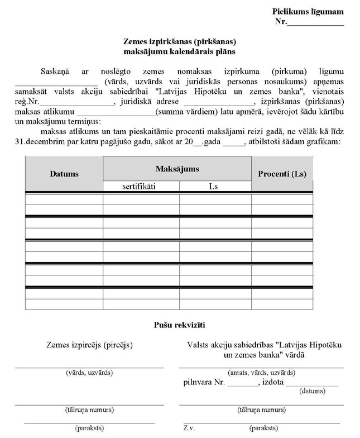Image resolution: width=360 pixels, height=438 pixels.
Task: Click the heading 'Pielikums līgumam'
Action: [308, 12]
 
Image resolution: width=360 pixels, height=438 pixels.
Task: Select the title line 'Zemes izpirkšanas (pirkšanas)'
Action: [180, 41]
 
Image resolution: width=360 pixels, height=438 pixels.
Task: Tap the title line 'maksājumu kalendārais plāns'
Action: [180, 51]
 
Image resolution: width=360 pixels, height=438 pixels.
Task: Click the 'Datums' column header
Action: [64, 174]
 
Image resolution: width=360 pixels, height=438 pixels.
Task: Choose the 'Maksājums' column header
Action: [177, 169]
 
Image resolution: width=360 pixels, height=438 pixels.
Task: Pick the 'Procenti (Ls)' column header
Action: [282, 174]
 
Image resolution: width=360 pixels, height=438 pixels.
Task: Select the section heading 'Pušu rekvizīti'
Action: [180, 325]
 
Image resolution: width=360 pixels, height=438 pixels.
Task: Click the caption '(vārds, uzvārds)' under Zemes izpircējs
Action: [89, 373]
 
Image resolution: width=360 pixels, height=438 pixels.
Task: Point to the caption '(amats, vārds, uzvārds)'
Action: [261, 373]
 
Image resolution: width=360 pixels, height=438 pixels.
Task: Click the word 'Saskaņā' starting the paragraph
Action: [55, 72]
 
